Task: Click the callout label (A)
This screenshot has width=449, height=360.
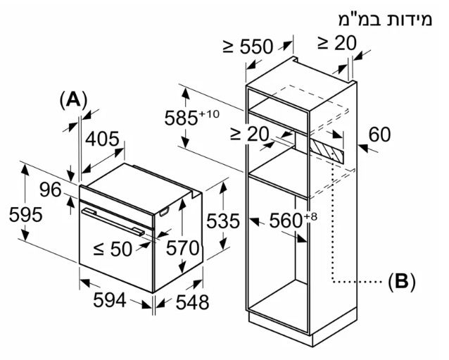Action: point(73,99)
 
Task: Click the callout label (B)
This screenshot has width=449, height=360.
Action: point(402,282)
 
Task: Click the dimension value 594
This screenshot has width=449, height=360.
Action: point(110,300)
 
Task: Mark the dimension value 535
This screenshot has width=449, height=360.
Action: point(222,221)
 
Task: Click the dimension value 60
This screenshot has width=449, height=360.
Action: point(379,134)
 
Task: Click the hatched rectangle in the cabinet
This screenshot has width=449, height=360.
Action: point(328,149)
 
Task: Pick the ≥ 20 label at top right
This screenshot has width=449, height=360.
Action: point(336,43)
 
